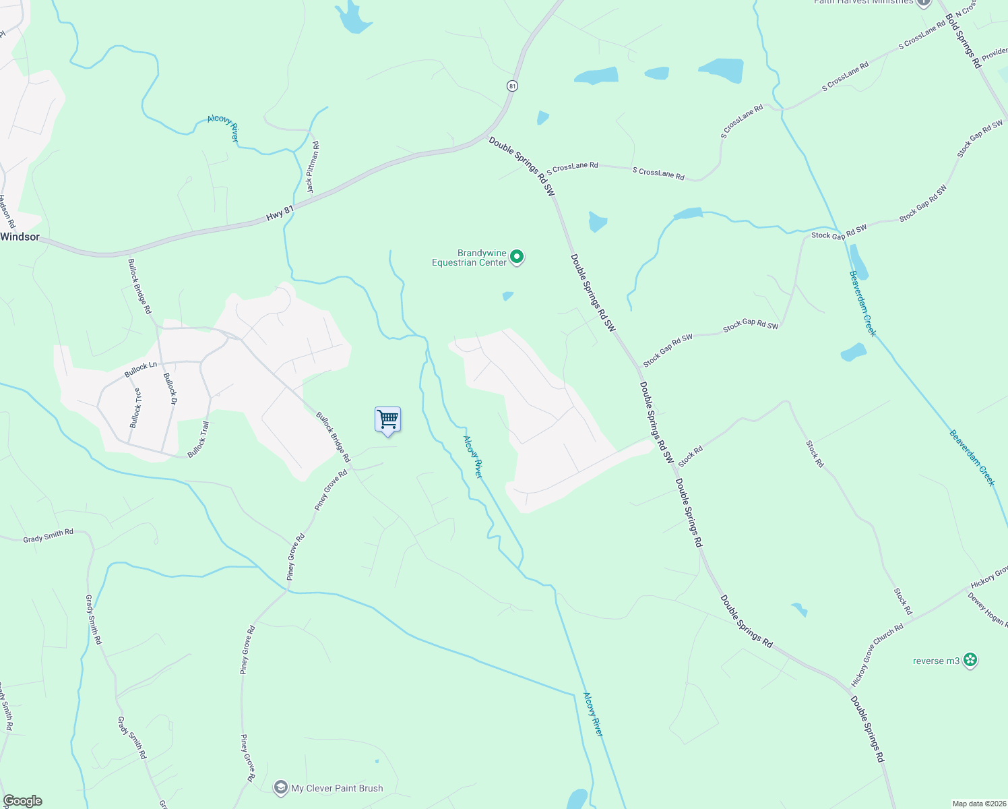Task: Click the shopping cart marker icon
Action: [x=387, y=420]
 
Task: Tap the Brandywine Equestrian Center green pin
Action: [x=517, y=257]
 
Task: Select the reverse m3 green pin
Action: [x=970, y=660]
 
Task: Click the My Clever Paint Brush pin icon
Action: [x=281, y=787]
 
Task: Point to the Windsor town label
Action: [x=20, y=237]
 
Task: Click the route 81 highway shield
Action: [x=513, y=86]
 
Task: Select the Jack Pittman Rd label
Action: [x=313, y=167]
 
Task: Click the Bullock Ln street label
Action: [x=140, y=369]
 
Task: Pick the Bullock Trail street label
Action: [x=199, y=440]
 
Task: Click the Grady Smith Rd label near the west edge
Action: [x=48, y=536]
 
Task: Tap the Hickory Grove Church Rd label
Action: [x=877, y=655]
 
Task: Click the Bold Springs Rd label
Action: [x=963, y=41]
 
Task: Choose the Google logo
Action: [x=22, y=801]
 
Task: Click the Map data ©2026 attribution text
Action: [x=978, y=804]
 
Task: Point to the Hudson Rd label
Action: [x=6, y=212]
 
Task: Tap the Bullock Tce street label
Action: [x=135, y=408]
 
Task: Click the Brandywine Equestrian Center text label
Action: [x=469, y=258]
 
